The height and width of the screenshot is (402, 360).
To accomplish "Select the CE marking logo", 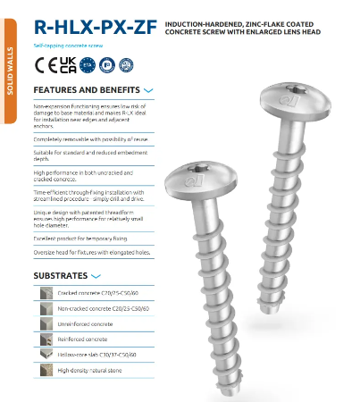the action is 42,64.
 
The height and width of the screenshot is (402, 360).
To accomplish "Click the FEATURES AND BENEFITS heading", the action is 86,90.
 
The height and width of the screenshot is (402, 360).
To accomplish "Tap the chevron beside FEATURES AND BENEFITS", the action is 148,91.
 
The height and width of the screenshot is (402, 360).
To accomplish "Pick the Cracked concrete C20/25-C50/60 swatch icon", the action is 46,293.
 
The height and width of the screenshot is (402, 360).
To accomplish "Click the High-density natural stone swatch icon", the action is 46,369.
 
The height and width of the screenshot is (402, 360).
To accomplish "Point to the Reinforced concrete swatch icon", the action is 46,339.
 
